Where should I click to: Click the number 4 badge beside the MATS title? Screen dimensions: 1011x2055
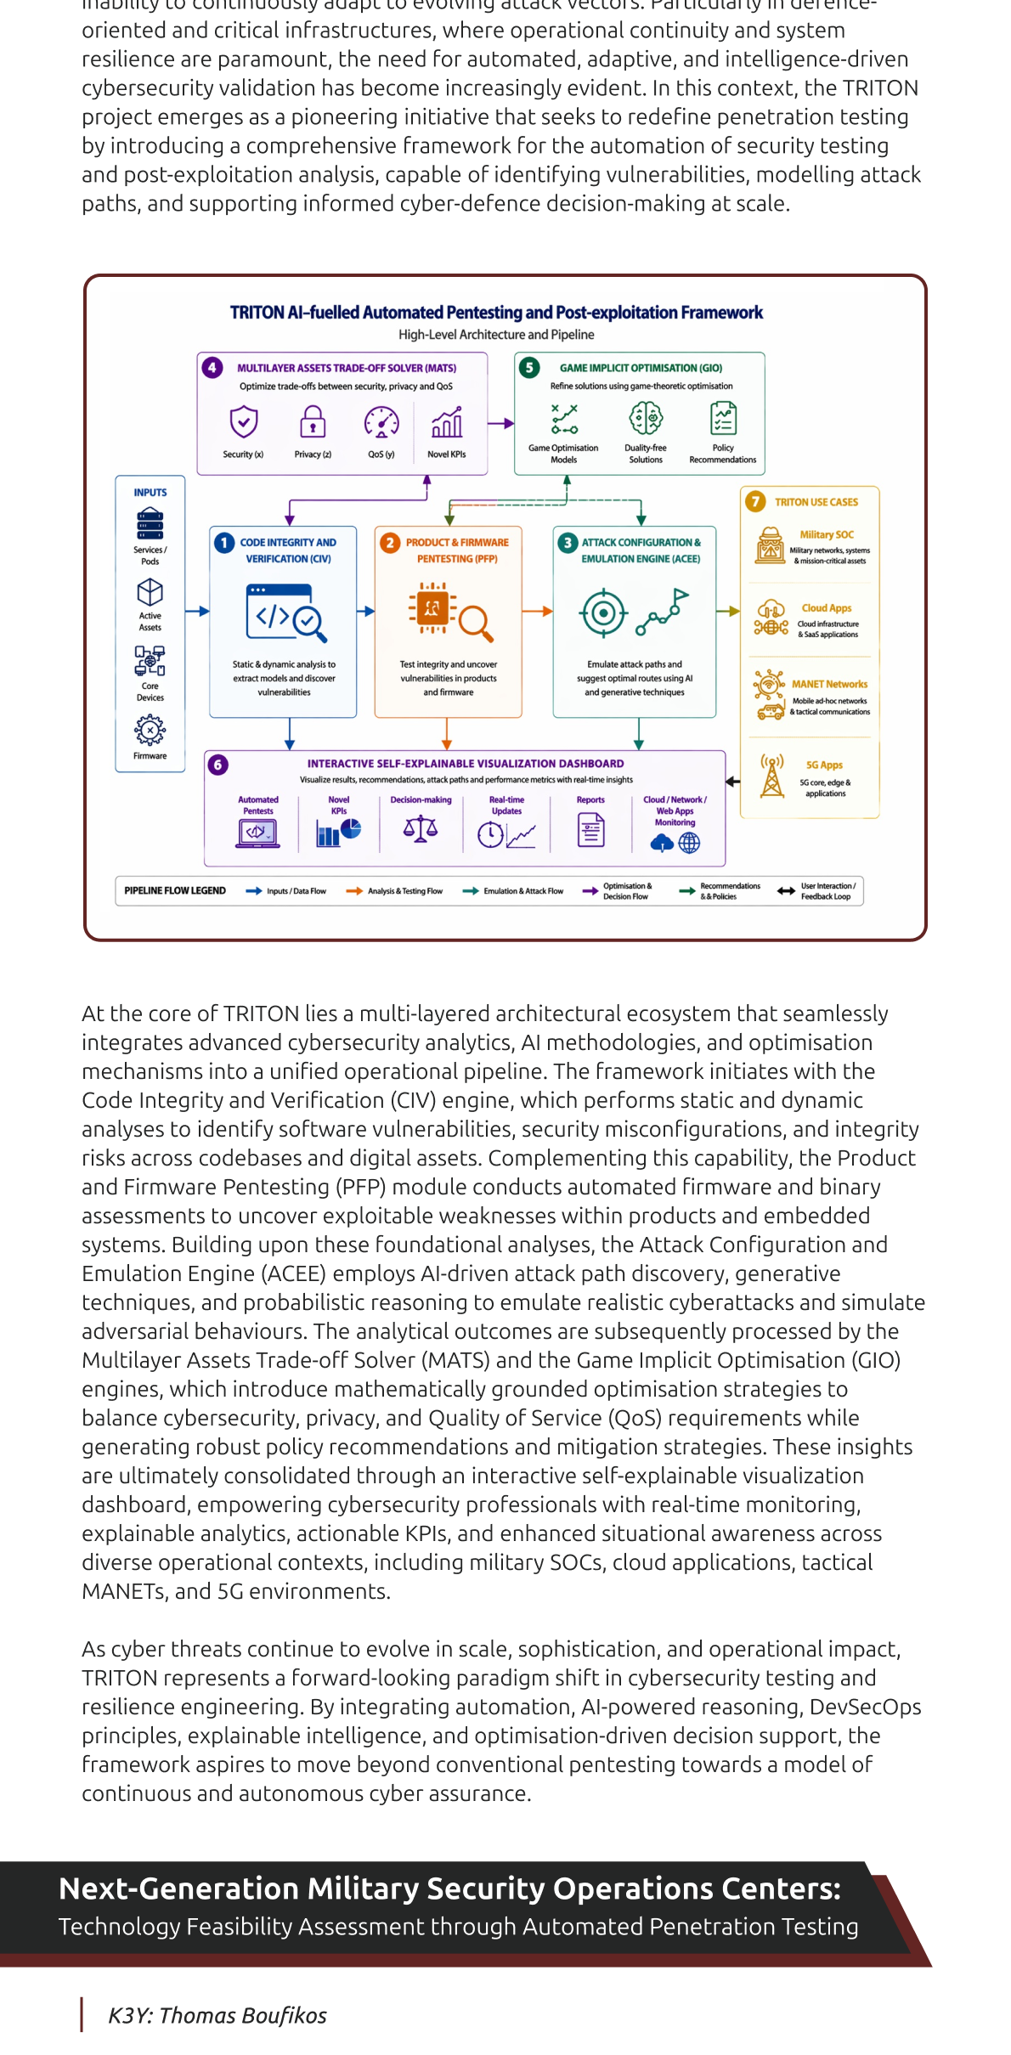click(x=212, y=367)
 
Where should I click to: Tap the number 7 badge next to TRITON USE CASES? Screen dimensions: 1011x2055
click(x=755, y=501)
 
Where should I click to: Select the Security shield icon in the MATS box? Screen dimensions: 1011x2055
click(x=244, y=421)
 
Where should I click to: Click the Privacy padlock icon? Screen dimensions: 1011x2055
click(x=313, y=421)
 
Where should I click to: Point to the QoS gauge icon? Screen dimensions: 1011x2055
click(x=381, y=421)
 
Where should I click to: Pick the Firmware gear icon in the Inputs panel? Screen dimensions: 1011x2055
click(x=150, y=729)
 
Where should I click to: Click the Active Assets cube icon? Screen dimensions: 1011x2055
click(x=150, y=591)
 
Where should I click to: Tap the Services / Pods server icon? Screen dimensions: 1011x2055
click(x=150, y=523)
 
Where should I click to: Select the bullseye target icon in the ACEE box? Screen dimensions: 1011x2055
click(x=603, y=613)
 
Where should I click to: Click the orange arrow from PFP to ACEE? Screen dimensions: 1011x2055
click(x=537, y=611)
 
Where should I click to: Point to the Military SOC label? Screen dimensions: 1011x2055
click(x=827, y=534)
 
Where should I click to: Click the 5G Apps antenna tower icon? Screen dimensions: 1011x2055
click(x=772, y=775)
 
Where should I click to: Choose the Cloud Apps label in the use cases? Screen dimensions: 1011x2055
click(x=827, y=608)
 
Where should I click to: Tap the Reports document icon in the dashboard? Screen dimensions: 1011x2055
click(x=591, y=830)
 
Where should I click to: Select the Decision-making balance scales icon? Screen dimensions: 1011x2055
click(x=421, y=827)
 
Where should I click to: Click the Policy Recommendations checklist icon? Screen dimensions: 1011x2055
click(x=723, y=418)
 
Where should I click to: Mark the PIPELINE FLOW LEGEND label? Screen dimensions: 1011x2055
click(x=175, y=890)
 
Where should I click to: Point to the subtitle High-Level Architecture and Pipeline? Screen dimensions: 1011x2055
click(x=496, y=335)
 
